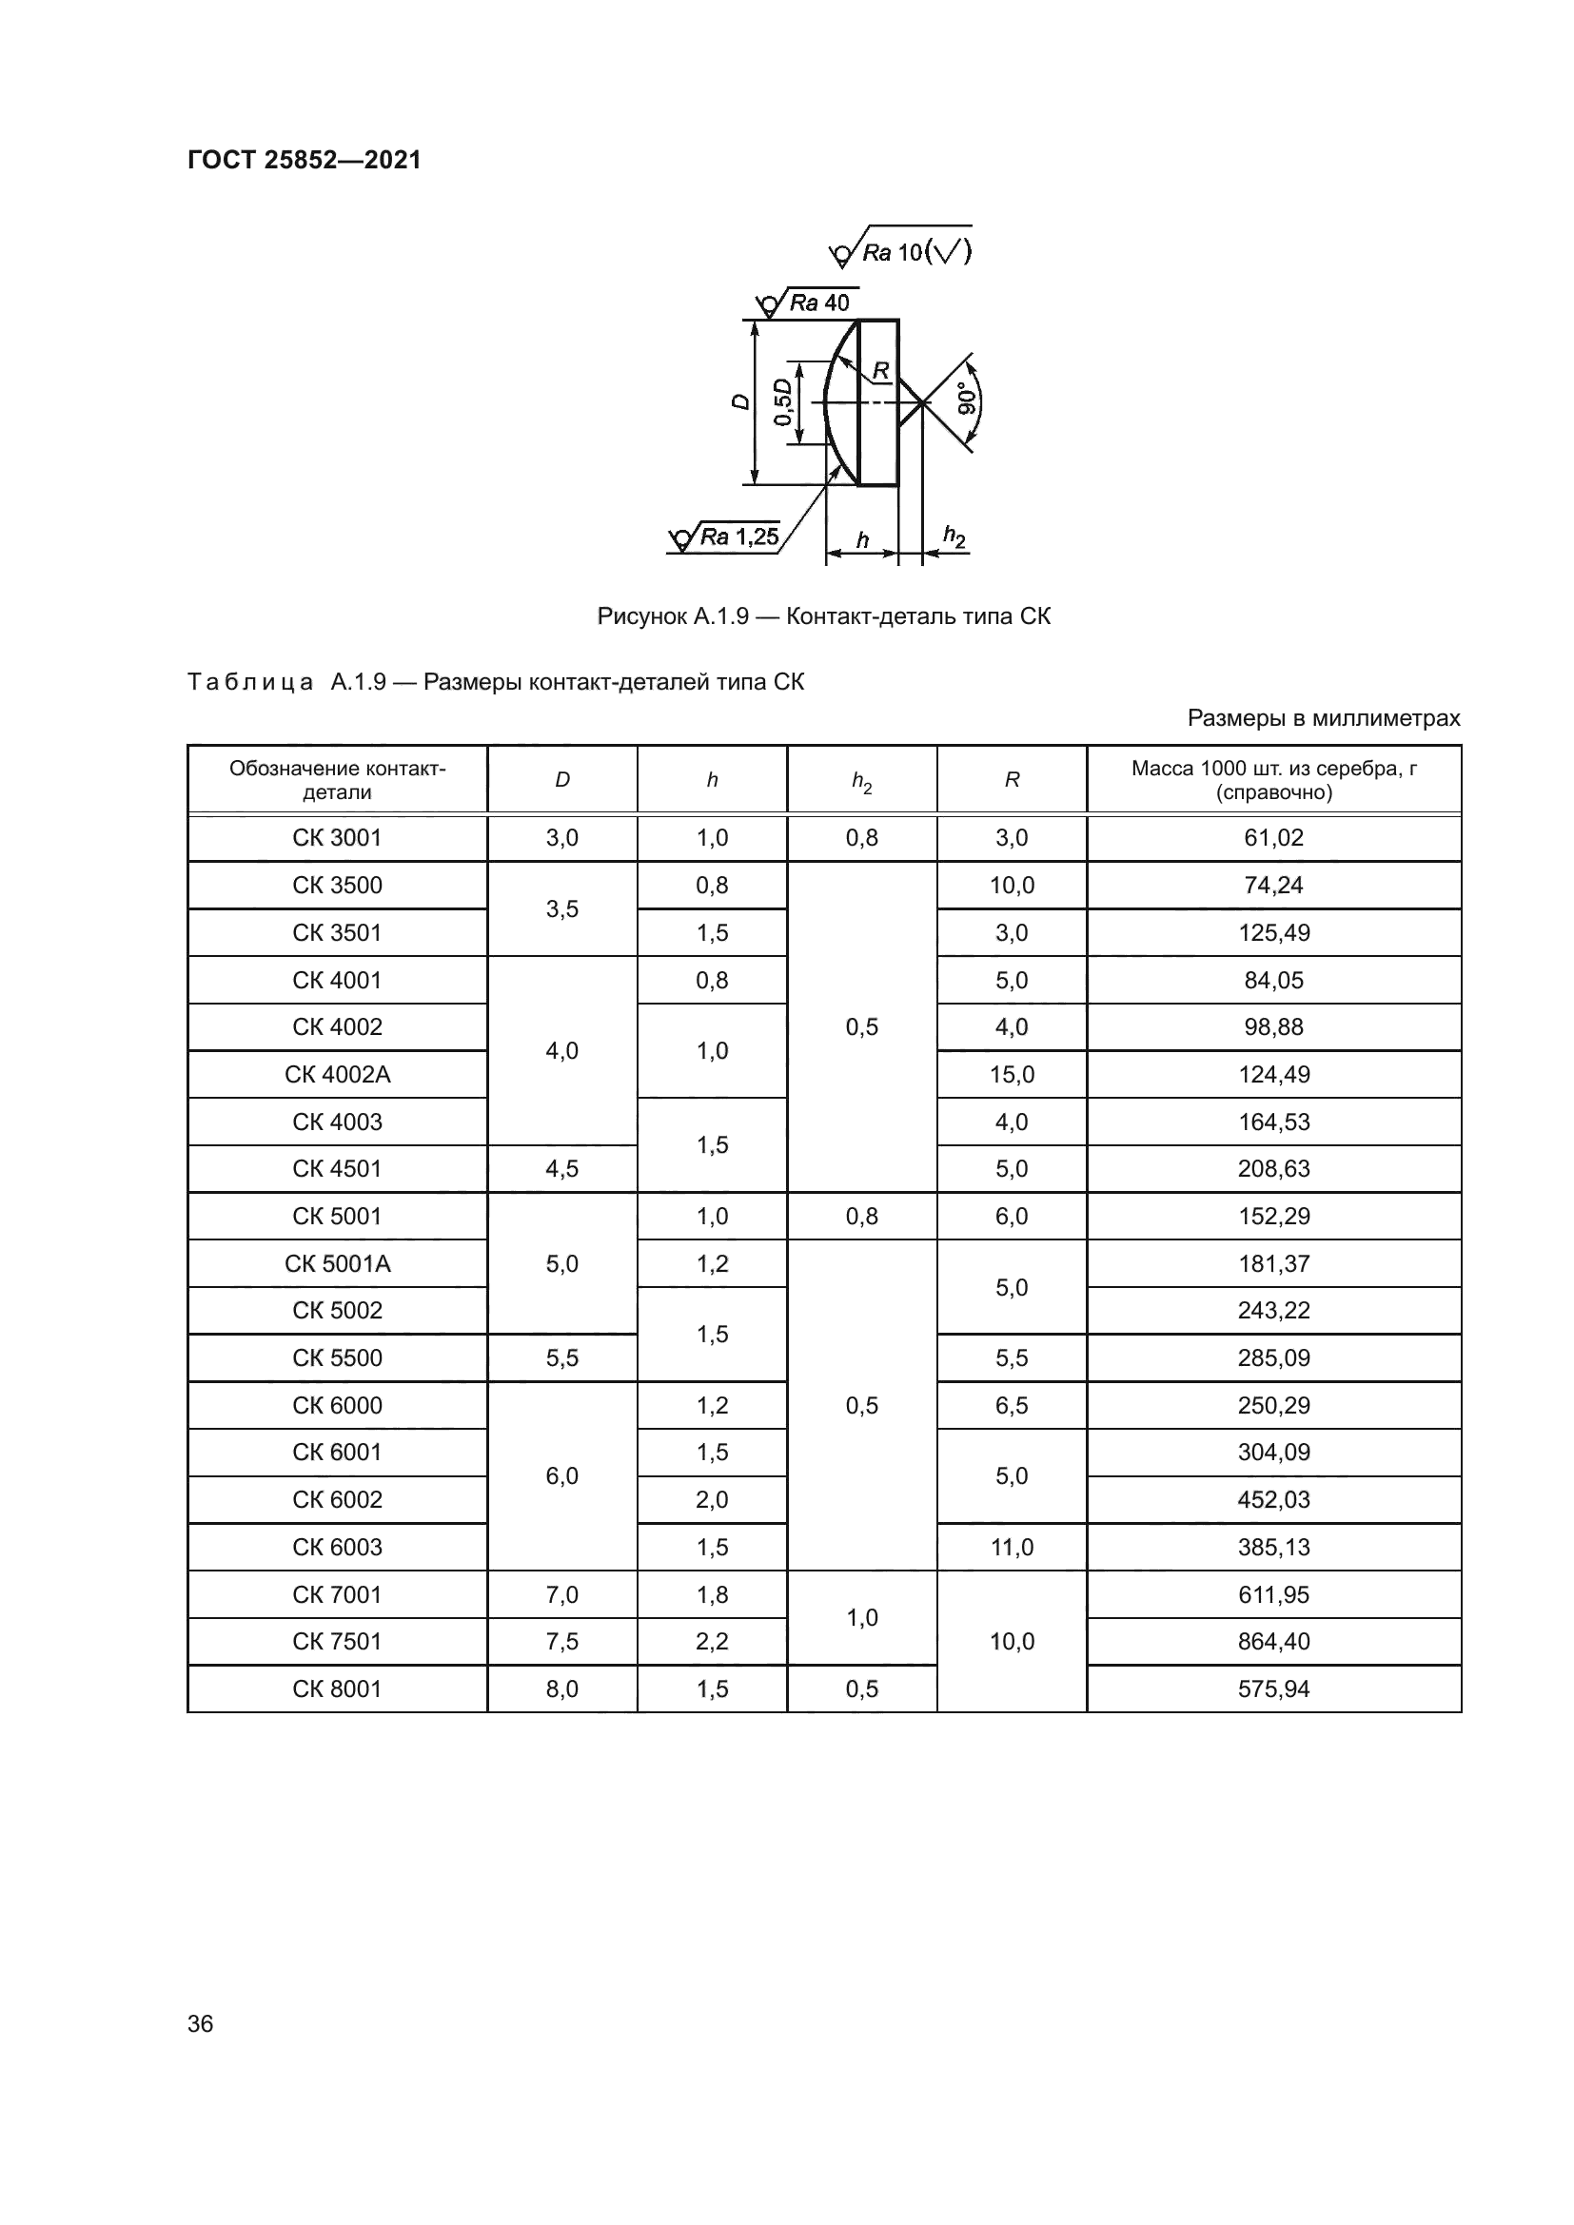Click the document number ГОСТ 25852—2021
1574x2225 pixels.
click(305, 160)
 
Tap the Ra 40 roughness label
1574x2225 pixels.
click(819, 303)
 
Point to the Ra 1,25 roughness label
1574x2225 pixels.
click(738, 536)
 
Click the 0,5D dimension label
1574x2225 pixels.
click(782, 402)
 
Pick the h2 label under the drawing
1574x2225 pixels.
click(954, 536)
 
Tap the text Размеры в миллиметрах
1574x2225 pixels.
click(1323, 718)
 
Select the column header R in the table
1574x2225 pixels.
click(1011, 780)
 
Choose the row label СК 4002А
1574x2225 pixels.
click(337, 1074)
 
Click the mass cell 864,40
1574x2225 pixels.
click(1273, 1641)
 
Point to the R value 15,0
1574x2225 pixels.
click(1011, 1074)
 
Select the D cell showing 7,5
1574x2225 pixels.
click(562, 1641)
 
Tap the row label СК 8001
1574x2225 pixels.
click(337, 1688)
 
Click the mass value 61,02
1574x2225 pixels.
click(1273, 837)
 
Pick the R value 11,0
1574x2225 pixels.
click(1011, 1547)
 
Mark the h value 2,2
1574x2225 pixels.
click(712, 1641)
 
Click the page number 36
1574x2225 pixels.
click(201, 2023)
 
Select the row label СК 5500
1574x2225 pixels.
click(337, 1357)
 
